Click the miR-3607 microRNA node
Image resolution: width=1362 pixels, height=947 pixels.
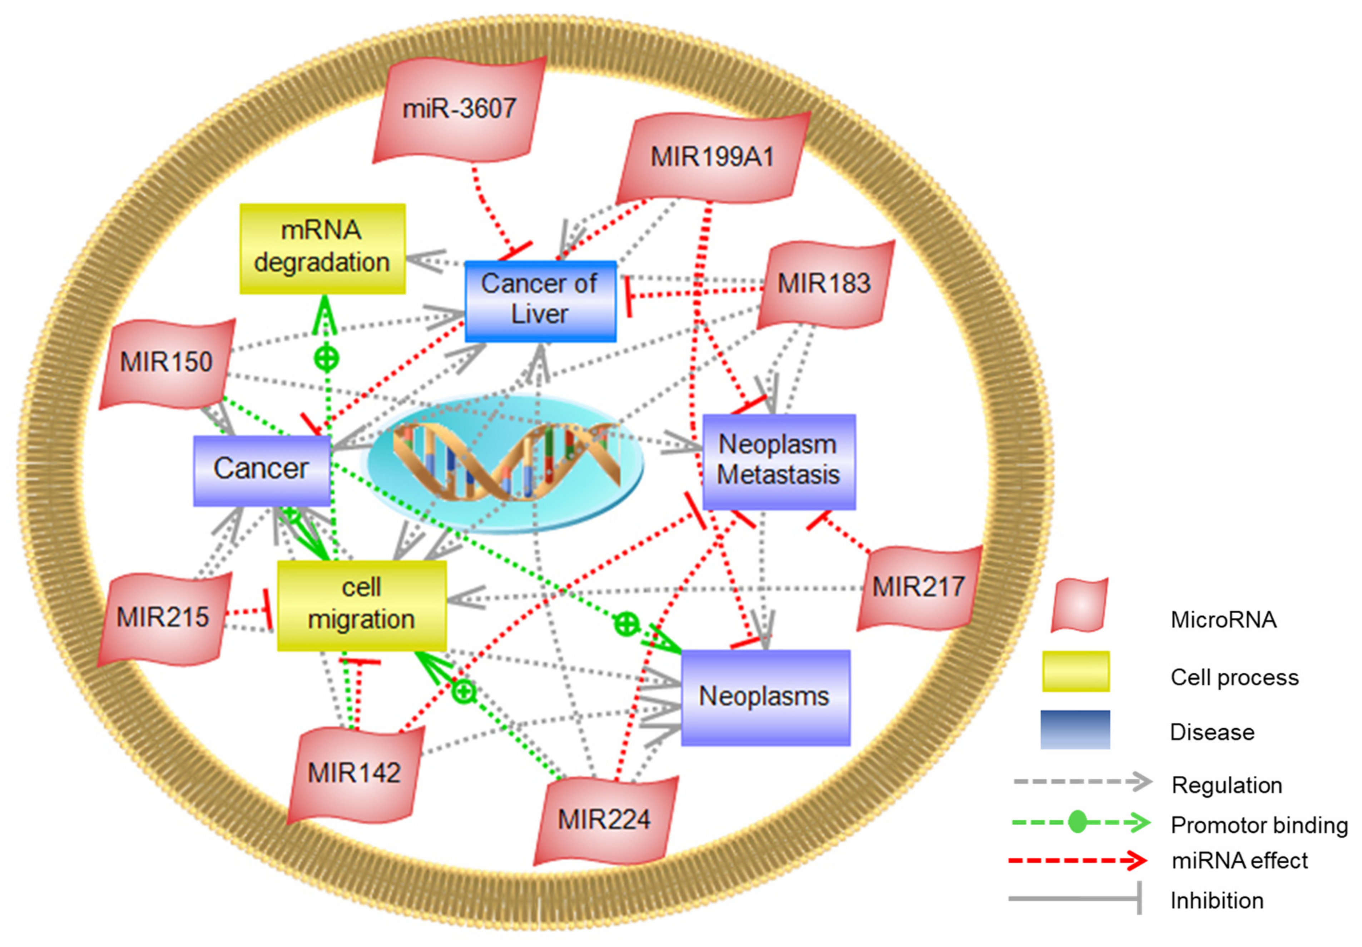pos(460,110)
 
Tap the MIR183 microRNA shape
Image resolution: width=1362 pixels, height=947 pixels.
pos(824,283)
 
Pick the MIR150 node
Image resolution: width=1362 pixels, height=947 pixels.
pos(167,362)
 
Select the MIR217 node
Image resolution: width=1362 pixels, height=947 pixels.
pos(918,587)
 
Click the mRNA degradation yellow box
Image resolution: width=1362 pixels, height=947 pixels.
pos(322,248)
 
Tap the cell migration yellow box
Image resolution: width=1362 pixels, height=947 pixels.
pos(361,604)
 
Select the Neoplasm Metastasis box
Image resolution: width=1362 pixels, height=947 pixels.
pos(778,461)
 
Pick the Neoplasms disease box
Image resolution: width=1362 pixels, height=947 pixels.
pos(765,696)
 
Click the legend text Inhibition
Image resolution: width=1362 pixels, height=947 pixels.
pos(1216,900)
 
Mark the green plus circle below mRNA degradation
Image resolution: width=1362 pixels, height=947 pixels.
pos(326,358)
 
